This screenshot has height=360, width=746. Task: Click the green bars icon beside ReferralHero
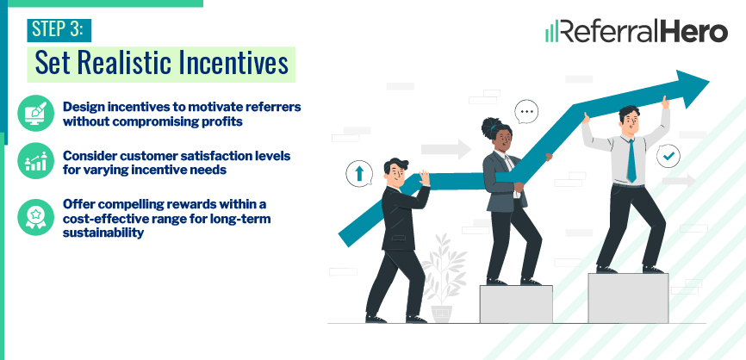coord(551,33)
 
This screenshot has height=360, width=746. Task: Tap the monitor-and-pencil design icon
coord(35,114)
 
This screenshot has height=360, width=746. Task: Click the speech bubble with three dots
coord(526,111)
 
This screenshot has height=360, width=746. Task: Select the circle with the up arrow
coord(357,173)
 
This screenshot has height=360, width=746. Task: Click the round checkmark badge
coord(668,156)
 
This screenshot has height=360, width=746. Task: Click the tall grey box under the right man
coord(627,297)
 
